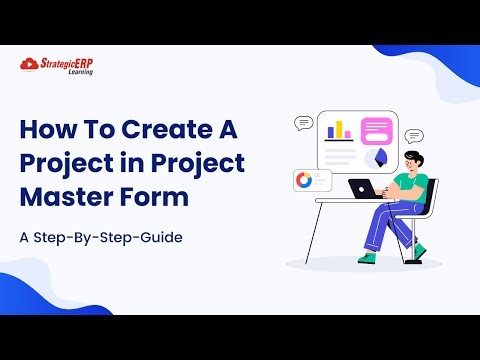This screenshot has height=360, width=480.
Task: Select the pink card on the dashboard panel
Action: tap(376, 131)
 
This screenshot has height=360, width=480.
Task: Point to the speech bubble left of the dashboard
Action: tap(304, 123)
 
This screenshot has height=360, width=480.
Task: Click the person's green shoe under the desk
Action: tap(369, 256)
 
